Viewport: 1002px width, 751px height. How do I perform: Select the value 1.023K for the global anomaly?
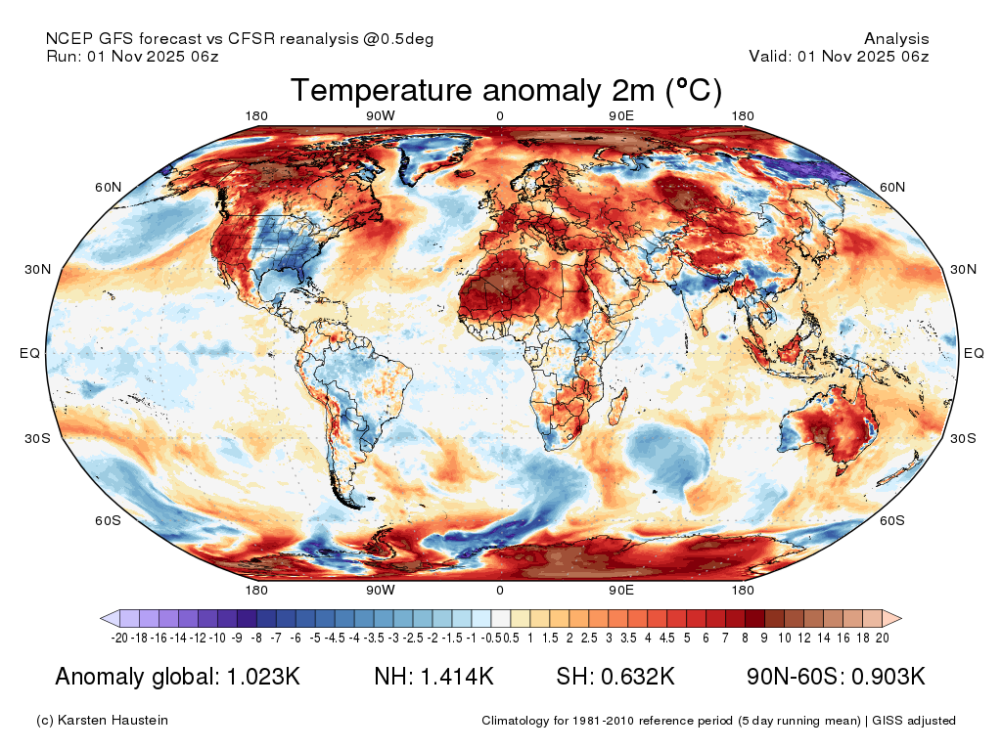(x=263, y=677)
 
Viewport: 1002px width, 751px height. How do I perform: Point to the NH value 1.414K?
(x=457, y=677)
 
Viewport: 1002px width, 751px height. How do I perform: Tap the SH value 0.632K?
(x=637, y=677)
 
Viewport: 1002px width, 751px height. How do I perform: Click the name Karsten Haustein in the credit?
(x=113, y=721)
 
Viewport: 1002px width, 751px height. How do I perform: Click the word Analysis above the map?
(x=896, y=39)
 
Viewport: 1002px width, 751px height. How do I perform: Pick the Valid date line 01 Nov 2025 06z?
(x=863, y=56)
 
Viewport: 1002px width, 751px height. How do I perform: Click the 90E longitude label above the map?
(x=621, y=115)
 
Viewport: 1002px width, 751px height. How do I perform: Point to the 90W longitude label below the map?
(x=381, y=590)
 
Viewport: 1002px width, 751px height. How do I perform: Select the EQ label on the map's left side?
(x=29, y=353)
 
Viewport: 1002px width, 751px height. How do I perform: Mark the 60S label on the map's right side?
(x=892, y=520)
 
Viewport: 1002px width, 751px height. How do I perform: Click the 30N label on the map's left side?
(x=38, y=270)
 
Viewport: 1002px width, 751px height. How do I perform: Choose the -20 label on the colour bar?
(x=119, y=638)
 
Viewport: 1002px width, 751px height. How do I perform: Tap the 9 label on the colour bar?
(x=764, y=638)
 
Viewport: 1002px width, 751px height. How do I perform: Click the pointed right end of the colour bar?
(x=901, y=618)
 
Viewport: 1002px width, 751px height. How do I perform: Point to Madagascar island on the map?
(x=617, y=408)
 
